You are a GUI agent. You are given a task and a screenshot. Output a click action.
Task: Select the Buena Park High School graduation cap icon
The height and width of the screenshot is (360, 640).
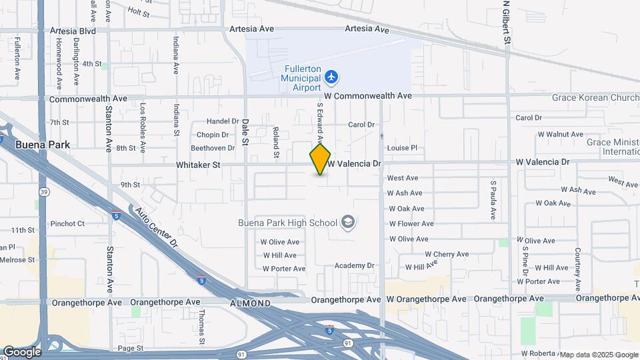coord(347,222)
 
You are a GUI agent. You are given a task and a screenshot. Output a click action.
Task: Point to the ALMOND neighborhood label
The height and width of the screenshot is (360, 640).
coord(251,303)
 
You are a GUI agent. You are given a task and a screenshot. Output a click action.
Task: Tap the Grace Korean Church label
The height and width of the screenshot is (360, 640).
coord(595,97)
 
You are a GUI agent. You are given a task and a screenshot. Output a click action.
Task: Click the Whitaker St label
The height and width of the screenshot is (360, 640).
coord(198,164)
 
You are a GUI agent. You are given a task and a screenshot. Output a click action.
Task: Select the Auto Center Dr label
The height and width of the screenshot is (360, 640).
coord(157,227)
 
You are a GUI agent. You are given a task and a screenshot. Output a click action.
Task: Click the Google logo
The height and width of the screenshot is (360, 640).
coord(21,351)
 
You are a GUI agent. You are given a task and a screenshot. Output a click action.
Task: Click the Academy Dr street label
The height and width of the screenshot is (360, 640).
coord(355,265)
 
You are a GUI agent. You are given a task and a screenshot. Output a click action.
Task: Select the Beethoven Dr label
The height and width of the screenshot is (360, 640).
coord(213,148)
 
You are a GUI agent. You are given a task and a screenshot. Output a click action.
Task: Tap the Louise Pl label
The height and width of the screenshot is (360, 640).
coord(402,148)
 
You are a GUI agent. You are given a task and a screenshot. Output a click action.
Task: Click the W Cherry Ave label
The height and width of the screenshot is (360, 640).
coord(447,254)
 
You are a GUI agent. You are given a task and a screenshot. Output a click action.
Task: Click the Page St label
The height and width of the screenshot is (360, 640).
coord(131,348)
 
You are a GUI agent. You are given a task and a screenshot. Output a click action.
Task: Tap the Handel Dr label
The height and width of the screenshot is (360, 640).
coord(223,121)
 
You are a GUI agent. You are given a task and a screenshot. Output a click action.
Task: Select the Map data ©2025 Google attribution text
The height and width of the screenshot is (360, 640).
coord(598,355)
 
